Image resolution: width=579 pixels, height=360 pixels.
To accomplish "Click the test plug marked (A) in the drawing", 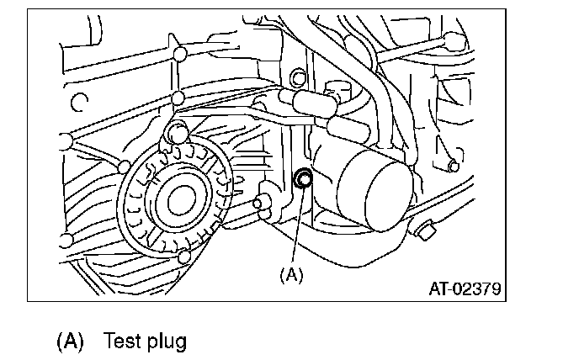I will coord(302,177).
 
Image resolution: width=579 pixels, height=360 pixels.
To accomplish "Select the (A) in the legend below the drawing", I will coord(71,341).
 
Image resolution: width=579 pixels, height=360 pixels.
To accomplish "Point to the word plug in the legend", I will coord(166,342).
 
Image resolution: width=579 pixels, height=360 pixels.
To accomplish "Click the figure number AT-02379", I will coord(465,289).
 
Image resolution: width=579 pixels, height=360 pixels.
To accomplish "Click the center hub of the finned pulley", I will coord(178,201).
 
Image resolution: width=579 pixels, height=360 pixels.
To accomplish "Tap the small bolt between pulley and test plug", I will coord(262,201).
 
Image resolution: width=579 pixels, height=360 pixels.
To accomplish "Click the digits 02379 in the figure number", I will coord(478,289).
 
